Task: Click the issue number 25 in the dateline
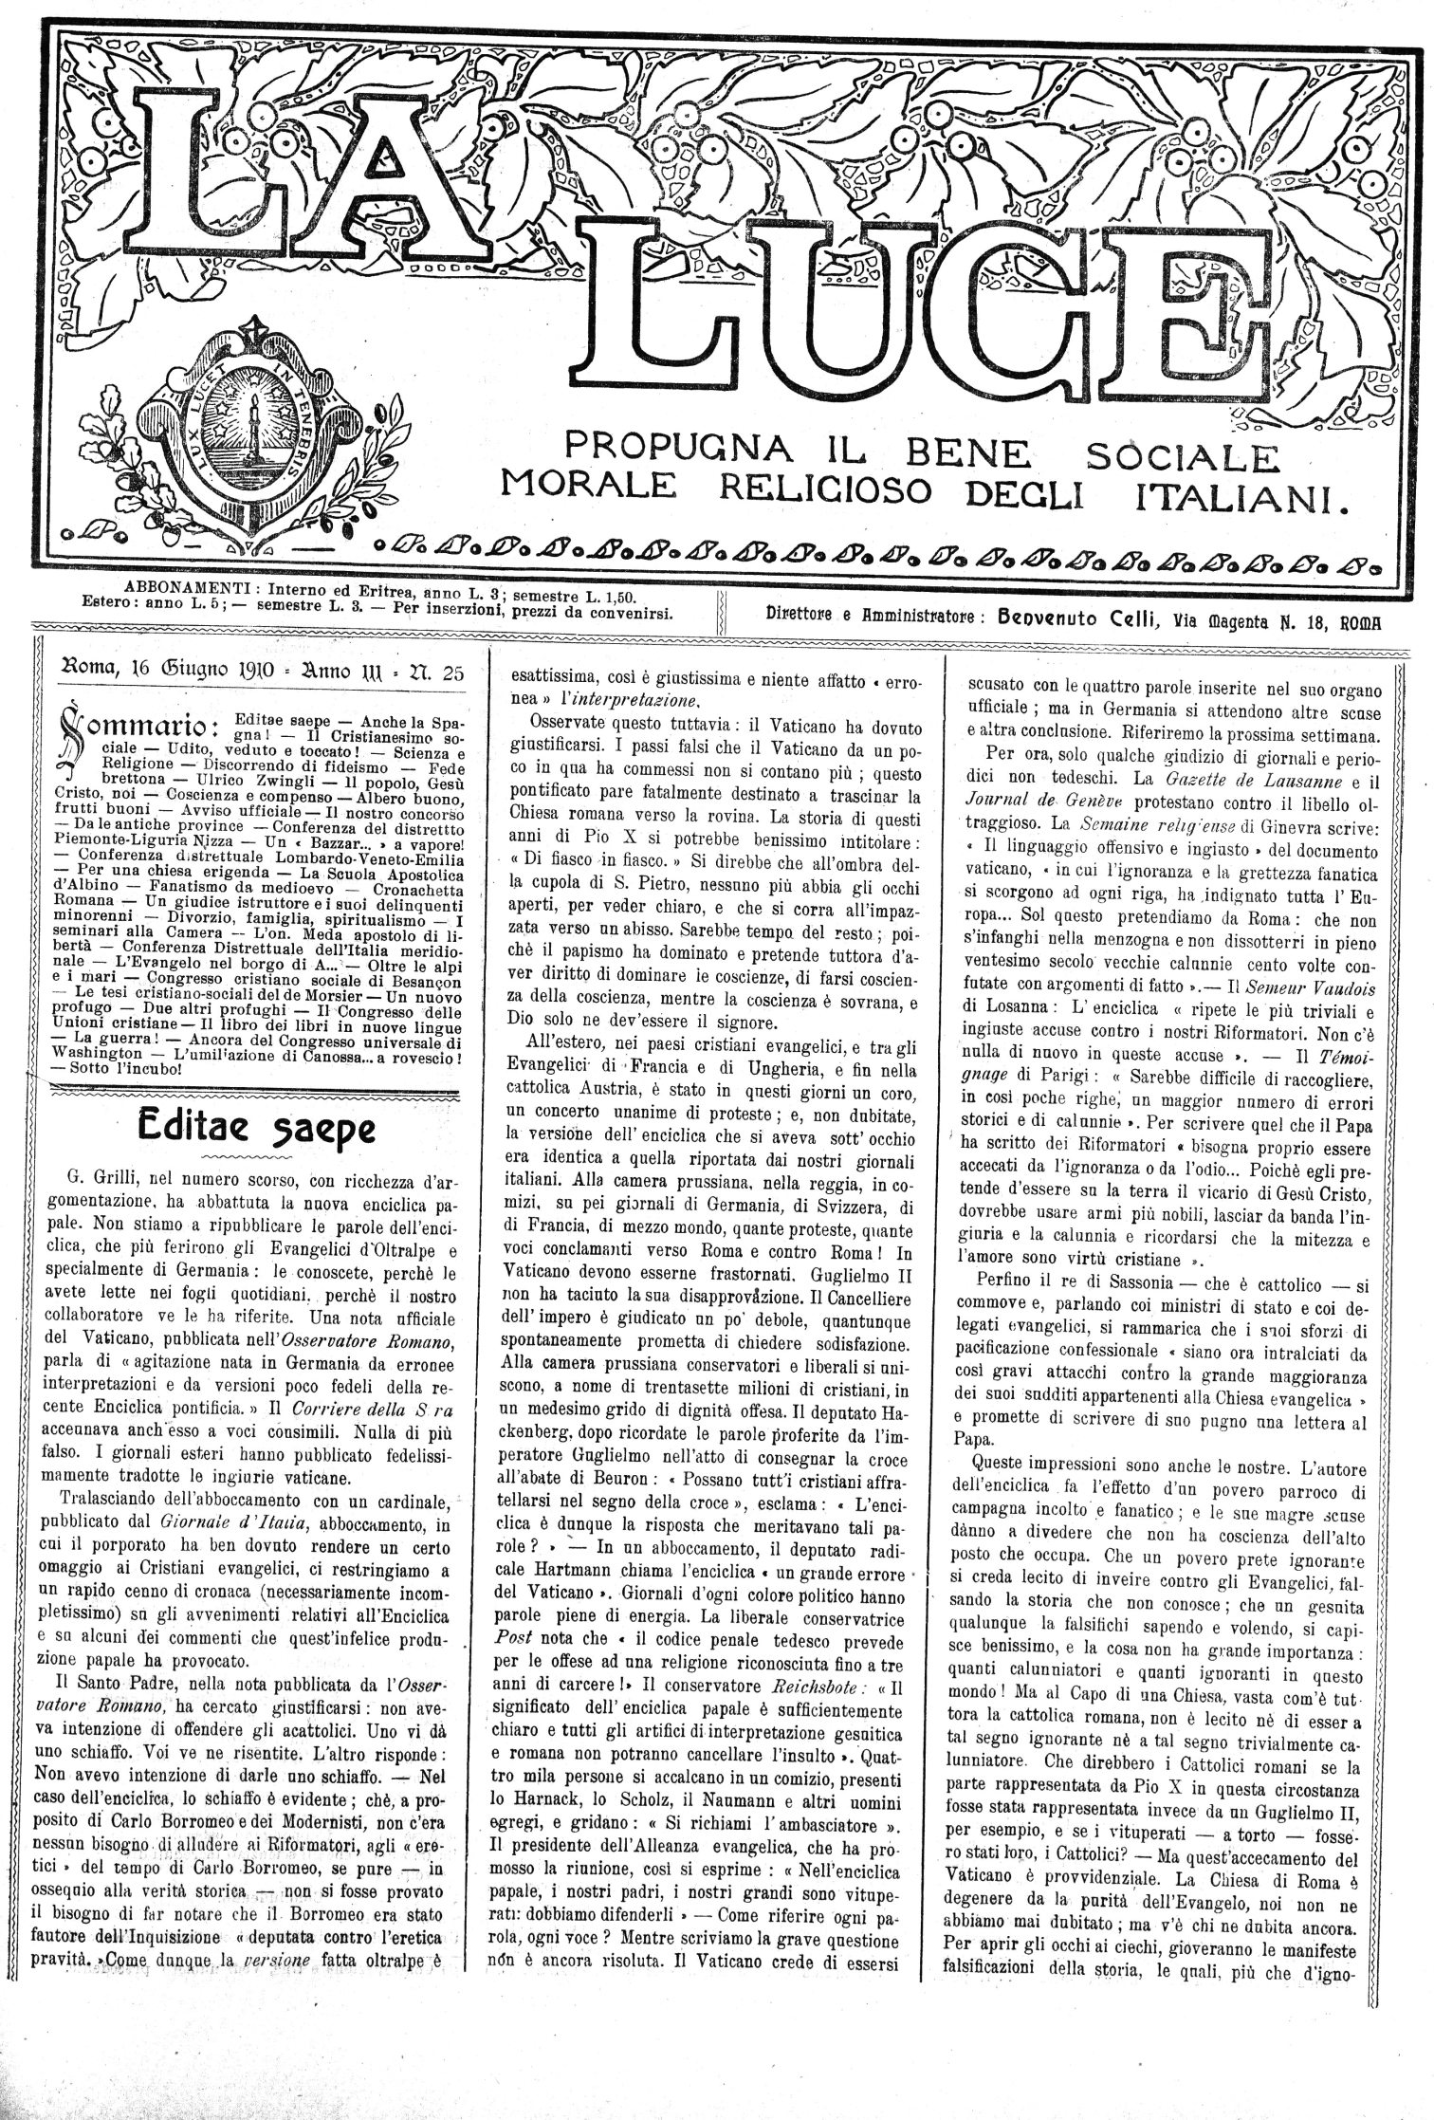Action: coord(452,674)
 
